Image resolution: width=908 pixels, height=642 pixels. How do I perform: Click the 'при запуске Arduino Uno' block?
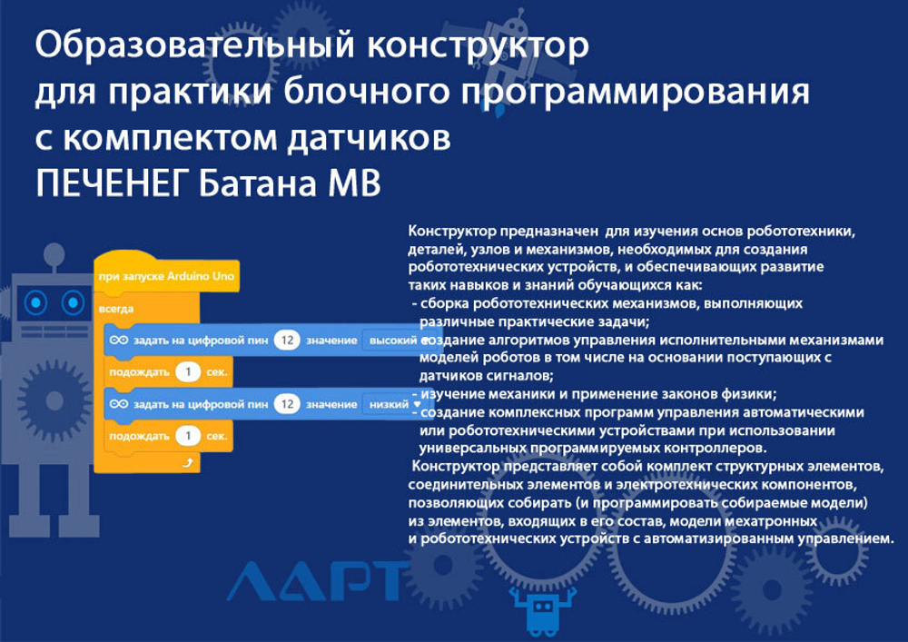point(166,276)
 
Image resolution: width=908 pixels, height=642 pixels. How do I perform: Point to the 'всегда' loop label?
point(116,309)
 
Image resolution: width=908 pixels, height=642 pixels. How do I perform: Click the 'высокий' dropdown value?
point(393,341)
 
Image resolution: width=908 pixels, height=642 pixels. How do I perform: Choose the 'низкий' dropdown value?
point(390,405)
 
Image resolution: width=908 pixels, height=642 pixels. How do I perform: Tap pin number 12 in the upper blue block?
point(287,341)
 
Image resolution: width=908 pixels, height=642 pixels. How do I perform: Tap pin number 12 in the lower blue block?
point(287,404)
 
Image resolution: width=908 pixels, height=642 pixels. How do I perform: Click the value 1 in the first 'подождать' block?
point(188,372)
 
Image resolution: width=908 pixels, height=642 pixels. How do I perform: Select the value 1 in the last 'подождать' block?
point(188,436)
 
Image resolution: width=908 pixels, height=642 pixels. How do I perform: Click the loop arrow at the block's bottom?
point(187,463)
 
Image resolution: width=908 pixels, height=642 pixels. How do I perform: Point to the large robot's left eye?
point(36,302)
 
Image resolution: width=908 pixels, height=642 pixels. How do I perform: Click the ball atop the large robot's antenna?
point(54,253)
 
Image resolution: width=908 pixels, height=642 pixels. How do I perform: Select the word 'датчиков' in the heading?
point(370,138)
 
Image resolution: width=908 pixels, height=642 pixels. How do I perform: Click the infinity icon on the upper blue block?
point(119,340)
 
